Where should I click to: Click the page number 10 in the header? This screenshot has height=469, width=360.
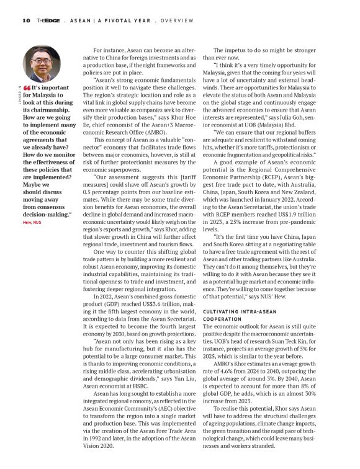pos(25,20)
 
